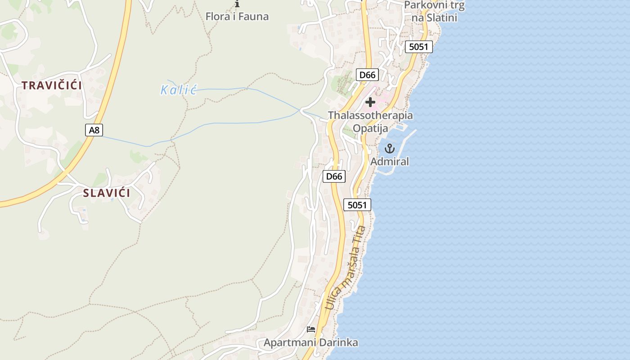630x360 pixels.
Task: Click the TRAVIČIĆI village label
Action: [x=52, y=85]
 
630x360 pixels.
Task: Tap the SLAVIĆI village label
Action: [x=107, y=193]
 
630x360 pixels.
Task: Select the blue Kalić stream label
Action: [x=179, y=90]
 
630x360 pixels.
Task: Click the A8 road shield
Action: [x=94, y=130]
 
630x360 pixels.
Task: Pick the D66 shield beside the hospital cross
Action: [x=367, y=75]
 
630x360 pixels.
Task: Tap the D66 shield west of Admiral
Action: [x=334, y=176]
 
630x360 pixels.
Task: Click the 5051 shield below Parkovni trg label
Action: [x=418, y=47]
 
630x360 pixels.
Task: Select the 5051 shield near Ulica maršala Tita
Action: [x=357, y=205]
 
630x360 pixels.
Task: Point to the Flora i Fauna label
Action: [x=237, y=17]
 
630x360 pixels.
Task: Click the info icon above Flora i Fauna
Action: [x=237, y=4]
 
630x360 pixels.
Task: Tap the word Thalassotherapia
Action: [x=370, y=115]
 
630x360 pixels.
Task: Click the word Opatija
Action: [x=370, y=128]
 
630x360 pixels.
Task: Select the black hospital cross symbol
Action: [x=370, y=102]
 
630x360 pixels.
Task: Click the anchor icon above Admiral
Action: [x=389, y=148]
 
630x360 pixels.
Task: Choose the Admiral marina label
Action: [x=390, y=161]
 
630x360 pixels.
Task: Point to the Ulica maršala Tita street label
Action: [x=346, y=267]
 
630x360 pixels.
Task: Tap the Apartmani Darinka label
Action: [x=311, y=342]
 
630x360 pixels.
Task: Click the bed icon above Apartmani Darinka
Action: [x=311, y=329]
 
